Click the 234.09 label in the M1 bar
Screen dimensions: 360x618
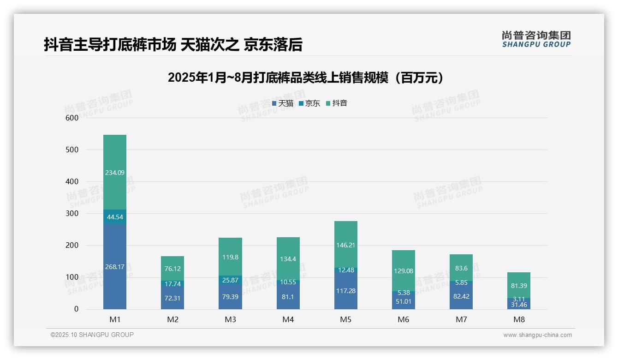click(115, 173)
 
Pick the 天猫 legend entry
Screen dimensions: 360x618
click(282, 103)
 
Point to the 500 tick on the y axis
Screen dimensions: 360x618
click(72, 150)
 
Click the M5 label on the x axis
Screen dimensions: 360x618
click(346, 319)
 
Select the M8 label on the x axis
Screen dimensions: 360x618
click(519, 319)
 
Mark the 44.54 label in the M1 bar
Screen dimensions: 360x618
click(115, 216)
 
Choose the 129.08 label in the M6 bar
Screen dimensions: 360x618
click(404, 271)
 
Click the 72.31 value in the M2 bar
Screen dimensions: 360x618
click(172, 298)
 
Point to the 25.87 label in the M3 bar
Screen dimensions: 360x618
click(230, 280)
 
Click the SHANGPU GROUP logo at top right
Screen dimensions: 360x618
click(536, 39)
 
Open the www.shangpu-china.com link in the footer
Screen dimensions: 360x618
click(537, 335)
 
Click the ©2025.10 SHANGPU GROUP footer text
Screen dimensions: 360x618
click(92, 335)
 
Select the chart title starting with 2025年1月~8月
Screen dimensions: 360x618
click(306, 78)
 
